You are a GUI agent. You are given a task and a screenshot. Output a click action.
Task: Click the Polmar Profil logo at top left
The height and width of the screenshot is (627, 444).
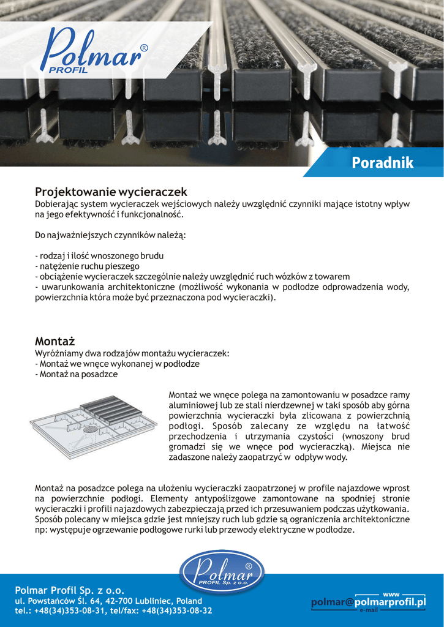coord(92,52)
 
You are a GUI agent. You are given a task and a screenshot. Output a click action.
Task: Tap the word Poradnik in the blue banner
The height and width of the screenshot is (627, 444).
coord(383,163)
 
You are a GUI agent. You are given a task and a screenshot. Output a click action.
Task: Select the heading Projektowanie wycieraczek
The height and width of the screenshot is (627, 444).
coord(111,192)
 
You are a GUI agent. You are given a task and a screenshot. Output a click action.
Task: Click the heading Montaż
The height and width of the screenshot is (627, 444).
coord(55,341)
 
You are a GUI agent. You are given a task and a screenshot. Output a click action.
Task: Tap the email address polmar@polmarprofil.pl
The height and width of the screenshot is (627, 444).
coord(368,603)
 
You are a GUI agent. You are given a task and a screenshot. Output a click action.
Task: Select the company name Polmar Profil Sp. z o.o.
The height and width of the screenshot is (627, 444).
coord(69,590)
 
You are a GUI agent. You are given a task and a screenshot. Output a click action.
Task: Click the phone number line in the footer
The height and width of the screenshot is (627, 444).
coord(113,610)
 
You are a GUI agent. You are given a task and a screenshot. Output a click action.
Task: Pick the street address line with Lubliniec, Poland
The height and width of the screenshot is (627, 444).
coord(108,601)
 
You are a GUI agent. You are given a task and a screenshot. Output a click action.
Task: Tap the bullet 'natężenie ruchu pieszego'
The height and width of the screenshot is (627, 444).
coord(87,266)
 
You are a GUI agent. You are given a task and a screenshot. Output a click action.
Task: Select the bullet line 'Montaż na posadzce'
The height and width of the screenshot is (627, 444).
coord(76,374)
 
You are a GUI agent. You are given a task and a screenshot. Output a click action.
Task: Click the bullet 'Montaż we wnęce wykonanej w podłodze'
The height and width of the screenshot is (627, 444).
coord(117,364)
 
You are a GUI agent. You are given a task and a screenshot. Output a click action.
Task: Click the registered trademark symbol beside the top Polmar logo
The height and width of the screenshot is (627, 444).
coord(144,48)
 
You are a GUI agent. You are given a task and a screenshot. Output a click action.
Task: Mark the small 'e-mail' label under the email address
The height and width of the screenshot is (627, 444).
coord(369,610)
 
